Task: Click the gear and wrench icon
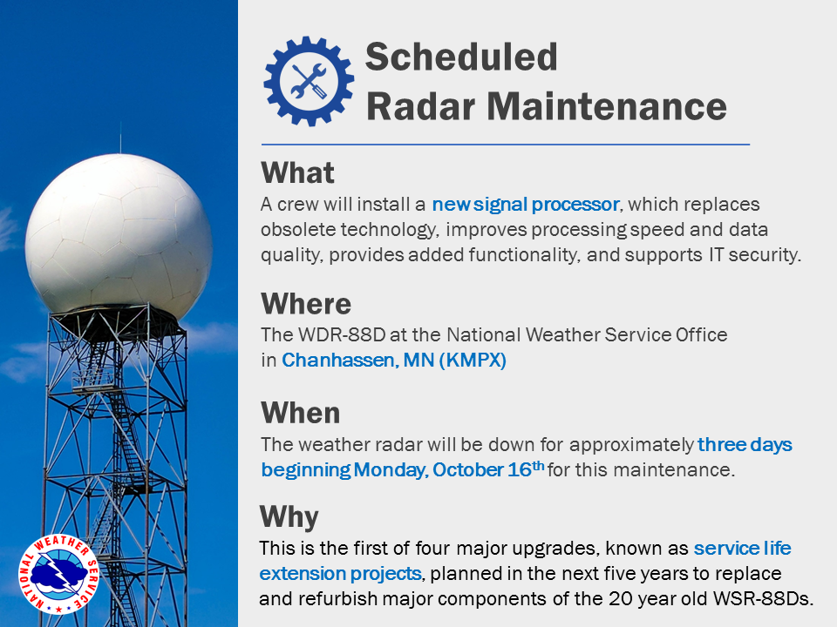tap(309, 81)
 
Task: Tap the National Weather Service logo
tap(58, 574)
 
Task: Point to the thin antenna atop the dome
tap(120, 138)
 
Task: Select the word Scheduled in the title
tap(461, 57)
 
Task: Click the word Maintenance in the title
tap(607, 106)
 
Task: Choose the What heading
tap(297, 172)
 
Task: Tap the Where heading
tap(306, 304)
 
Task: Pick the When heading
tap(301, 413)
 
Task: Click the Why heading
tap(289, 517)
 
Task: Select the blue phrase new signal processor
tap(525, 204)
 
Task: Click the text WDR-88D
tap(342, 334)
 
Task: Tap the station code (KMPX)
tap(473, 361)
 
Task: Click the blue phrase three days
tap(745, 445)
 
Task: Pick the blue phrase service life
tap(743, 548)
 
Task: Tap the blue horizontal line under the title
tap(506, 144)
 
